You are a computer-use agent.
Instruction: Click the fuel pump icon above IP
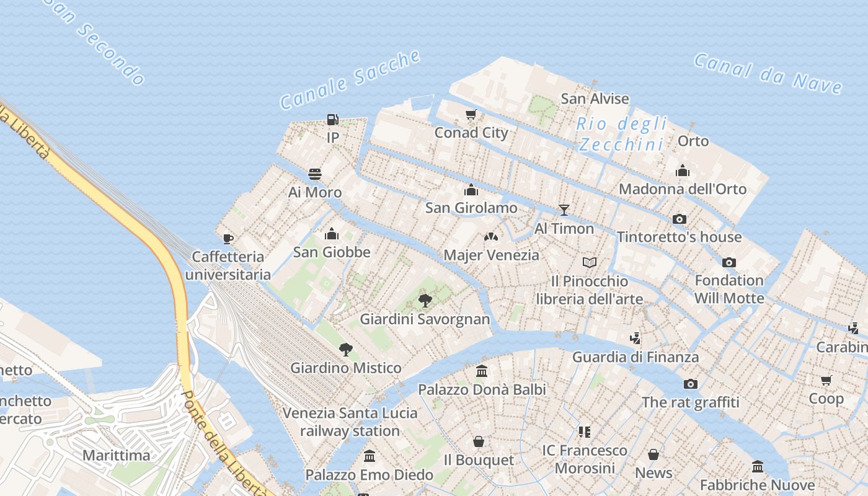(x=333, y=119)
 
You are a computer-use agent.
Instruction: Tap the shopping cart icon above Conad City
(x=471, y=115)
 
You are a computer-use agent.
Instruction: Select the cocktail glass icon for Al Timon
(x=564, y=210)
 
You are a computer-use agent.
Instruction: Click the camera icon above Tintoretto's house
(x=680, y=219)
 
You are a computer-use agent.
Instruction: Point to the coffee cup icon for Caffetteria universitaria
(x=228, y=239)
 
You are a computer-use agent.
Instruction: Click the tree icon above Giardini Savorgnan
(x=425, y=301)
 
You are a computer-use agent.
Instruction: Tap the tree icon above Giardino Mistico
(x=346, y=350)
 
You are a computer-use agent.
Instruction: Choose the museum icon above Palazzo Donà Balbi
(x=482, y=371)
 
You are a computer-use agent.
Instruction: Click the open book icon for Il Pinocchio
(x=590, y=263)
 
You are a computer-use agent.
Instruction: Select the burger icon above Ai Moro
(x=315, y=174)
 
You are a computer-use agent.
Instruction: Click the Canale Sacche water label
(x=350, y=80)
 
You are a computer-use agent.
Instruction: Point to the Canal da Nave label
(x=768, y=74)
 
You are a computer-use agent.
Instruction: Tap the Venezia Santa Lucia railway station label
(x=350, y=422)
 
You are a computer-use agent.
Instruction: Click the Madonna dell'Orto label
(x=683, y=189)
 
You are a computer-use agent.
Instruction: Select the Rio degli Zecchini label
(x=622, y=134)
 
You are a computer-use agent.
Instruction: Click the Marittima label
(x=117, y=455)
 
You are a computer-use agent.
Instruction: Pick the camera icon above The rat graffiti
(x=691, y=384)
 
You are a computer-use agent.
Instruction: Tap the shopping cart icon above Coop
(x=826, y=380)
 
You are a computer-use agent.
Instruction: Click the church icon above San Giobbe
(x=332, y=234)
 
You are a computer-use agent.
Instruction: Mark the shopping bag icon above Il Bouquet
(x=479, y=441)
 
